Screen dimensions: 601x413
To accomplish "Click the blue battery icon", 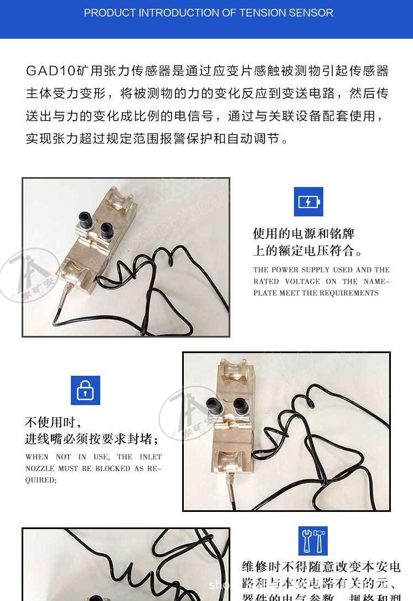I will (x=308, y=201).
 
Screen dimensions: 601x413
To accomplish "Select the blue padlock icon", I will (x=85, y=390).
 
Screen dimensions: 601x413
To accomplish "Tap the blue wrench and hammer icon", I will (x=313, y=541).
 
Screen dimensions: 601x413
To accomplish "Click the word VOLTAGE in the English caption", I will (x=302, y=281).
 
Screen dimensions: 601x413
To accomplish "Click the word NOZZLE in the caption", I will (x=40, y=468).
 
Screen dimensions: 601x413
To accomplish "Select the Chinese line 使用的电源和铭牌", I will (x=303, y=234).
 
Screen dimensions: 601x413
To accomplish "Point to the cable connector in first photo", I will (x=66, y=289).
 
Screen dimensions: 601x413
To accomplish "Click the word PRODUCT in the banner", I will (x=109, y=13).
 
